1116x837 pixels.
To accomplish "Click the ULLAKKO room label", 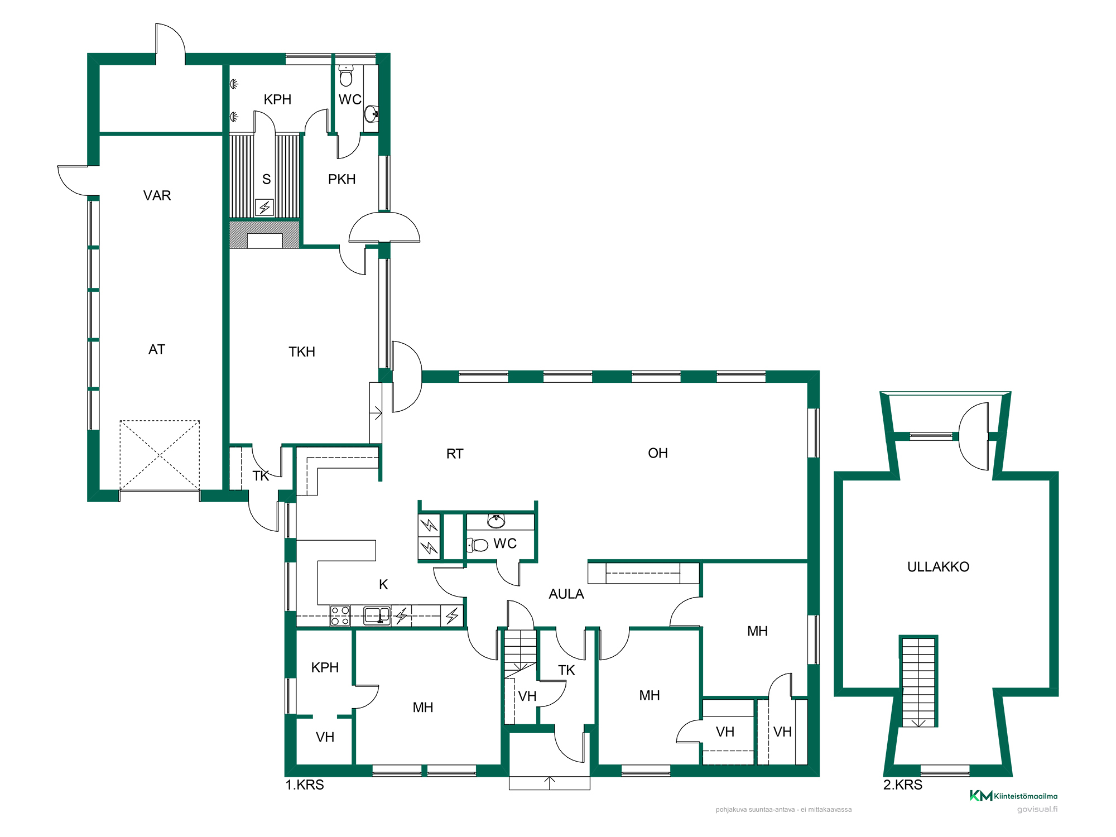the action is pyautogui.click(x=938, y=567).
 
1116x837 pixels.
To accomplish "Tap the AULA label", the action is pyautogui.click(x=566, y=594).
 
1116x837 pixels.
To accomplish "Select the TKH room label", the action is pyautogui.click(x=302, y=352).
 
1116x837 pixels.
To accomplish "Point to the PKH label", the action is pyautogui.click(x=342, y=180).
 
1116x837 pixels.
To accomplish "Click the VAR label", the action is pyautogui.click(x=157, y=196).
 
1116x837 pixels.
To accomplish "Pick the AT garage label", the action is pyautogui.click(x=157, y=350).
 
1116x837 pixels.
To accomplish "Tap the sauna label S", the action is pyautogui.click(x=267, y=180).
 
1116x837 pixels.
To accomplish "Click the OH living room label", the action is pyautogui.click(x=658, y=454).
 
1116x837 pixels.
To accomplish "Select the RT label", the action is pyautogui.click(x=455, y=454).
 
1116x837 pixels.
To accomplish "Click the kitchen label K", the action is pyautogui.click(x=383, y=585).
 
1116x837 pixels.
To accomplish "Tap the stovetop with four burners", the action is pyautogui.click(x=340, y=616).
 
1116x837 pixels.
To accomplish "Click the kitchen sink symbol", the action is pyautogui.click(x=377, y=615).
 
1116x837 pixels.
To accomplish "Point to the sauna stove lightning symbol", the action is pyautogui.click(x=264, y=208).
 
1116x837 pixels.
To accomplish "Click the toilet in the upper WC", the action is pyautogui.click(x=346, y=76).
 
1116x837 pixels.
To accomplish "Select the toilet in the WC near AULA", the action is pyautogui.click(x=478, y=545).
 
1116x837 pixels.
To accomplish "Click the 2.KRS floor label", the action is pyautogui.click(x=903, y=785).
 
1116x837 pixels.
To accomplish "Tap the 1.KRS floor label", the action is pyautogui.click(x=305, y=785).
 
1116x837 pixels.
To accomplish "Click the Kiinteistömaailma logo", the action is pyautogui.click(x=1013, y=796).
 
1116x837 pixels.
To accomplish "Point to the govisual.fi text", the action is pyautogui.click(x=1037, y=809).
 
